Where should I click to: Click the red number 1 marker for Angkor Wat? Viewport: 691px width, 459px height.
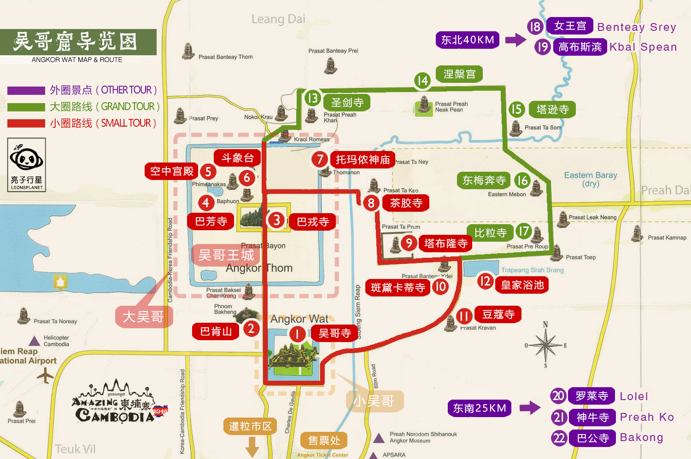298,334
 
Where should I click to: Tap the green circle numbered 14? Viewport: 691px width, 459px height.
422,81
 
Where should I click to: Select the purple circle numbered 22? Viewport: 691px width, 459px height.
559,437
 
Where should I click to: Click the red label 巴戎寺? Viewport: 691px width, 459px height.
313,222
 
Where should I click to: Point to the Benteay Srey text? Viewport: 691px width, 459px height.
637,27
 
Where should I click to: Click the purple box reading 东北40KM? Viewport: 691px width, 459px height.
468,40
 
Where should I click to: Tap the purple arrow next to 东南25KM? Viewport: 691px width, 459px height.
529,408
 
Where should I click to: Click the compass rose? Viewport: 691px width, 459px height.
546,345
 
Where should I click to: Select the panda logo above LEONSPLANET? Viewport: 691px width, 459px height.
26,159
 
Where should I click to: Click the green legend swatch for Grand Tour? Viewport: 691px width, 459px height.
26,107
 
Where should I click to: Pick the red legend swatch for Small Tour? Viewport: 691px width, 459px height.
26,123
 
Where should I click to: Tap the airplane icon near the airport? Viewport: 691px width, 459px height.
46,375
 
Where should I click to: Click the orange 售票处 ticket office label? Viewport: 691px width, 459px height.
324,441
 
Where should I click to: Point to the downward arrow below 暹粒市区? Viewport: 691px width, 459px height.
252,447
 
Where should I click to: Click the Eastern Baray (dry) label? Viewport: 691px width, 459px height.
591,179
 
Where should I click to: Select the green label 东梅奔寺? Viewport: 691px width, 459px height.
484,180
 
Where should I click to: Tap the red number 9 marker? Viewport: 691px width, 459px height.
409,243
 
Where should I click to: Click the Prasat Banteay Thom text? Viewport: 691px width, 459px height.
225,57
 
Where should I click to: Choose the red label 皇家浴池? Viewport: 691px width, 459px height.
522,285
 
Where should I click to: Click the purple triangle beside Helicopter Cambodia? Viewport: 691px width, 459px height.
35,341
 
